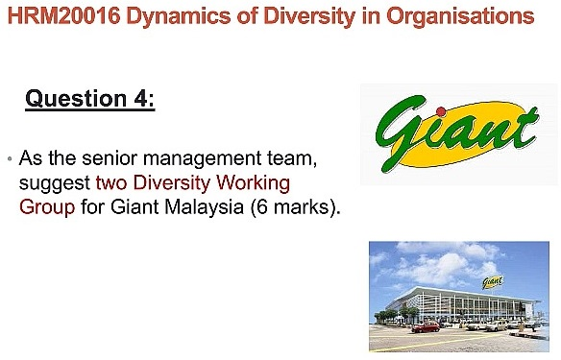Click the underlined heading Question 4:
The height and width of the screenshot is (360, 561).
point(90,99)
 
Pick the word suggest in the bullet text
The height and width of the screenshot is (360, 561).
point(55,181)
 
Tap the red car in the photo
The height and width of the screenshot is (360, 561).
point(419,327)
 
